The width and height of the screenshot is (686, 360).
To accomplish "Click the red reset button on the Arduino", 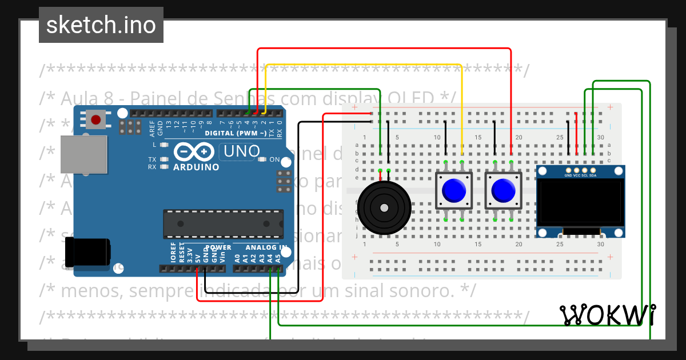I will (x=96, y=120).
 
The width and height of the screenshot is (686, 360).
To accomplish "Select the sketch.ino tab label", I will (x=101, y=25).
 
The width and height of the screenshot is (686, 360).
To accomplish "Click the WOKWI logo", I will (x=608, y=315).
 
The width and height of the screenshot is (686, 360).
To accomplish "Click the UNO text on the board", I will (x=241, y=151).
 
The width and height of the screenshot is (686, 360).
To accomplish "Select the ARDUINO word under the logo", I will (x=196, y=167).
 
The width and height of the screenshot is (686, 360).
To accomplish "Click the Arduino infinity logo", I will (x=196, y=153).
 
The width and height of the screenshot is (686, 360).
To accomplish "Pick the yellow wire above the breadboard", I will (x=366, y=65).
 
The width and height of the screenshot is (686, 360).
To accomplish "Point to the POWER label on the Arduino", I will (x=218, y=247).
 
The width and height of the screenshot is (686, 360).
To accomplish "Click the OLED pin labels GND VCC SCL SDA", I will (x=580, y=175).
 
